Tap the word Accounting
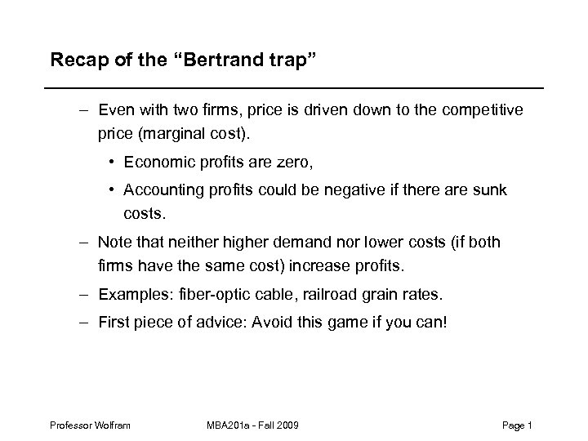(158, 190)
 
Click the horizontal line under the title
(294, 87)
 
